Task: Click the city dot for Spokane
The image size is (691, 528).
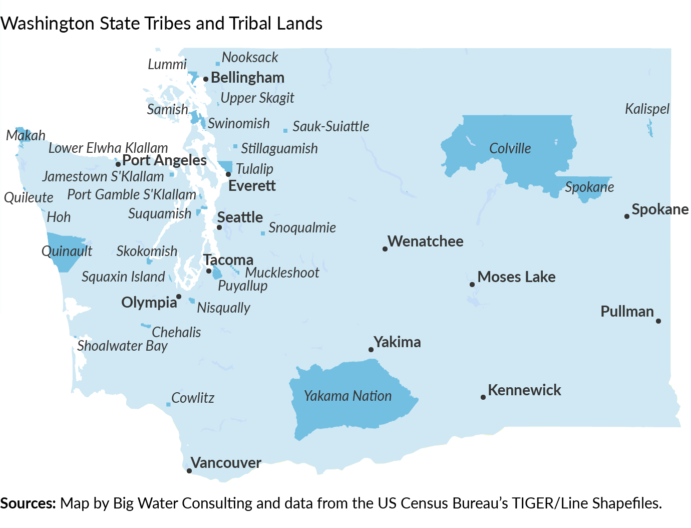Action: tap(626, 216)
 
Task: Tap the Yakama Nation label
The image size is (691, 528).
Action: tap(348, 396)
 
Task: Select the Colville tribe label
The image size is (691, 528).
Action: tap(510, 148)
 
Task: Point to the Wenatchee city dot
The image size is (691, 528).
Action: tap(385, 249)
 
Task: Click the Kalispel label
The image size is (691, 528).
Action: tap(647, 109)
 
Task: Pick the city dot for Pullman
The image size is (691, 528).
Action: tap(658, 321)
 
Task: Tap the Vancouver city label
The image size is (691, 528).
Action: tap(226, 463)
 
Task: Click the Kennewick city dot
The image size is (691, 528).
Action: tap(483, 397)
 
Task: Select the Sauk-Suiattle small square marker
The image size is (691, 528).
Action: tap(285, 131)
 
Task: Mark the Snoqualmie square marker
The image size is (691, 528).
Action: tap(263, 233)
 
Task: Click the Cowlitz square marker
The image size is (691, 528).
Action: tap(168, 404)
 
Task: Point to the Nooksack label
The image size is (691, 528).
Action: tap(249, 58)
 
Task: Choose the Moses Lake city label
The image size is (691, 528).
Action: tap(516, 277)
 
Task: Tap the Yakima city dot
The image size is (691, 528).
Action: tap(371, 350)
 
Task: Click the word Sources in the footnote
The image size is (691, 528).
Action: tap(28, 503)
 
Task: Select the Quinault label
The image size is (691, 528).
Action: tap(67, 251)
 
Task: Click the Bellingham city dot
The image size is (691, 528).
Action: tap(205, 79)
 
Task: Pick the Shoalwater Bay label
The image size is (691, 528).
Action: tap(122, 346)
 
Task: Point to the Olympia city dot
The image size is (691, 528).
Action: tap(179, 297)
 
